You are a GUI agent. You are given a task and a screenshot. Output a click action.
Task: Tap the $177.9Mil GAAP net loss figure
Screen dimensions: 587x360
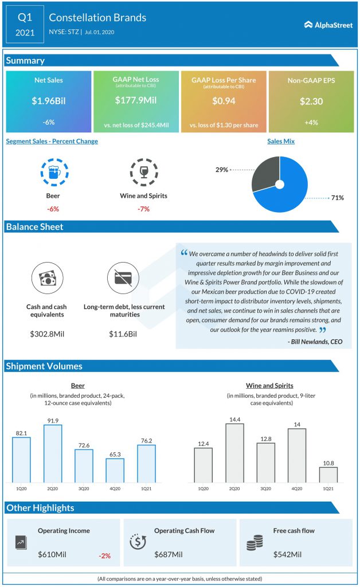pyautogui.click(x=136, y=101)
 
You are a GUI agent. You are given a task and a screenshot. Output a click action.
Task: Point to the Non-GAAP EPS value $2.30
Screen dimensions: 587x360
pyautogui.click(x=311, y=101)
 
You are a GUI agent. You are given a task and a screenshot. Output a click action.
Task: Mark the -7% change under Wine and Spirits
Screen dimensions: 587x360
pyautogui.click(x=143, y=209)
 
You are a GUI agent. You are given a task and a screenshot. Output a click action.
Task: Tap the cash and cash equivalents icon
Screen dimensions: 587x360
pyautogui.click(x=46, y=278)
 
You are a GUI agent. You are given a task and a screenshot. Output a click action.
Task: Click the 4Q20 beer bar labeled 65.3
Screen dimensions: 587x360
pyautogui.click(x=115, y=470)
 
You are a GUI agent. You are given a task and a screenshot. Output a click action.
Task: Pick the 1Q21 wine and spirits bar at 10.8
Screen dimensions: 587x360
pyautogui.click(x=328, y=474)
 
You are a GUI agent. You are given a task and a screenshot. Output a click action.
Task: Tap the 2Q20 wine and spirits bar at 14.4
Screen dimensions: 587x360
pyautogui.click(x=234, y=453)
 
